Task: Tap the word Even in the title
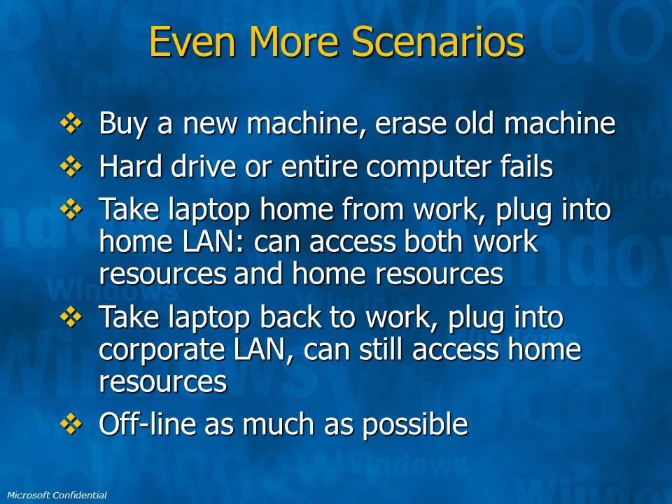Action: tap(192, 41)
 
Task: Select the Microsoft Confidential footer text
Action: tap(57, 496)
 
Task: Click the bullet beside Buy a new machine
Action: tap(71, 123)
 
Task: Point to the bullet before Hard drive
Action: tap(71, 167)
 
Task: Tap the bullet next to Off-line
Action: tap(71, 424)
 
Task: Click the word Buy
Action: tap(123, 125)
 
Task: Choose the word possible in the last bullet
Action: tap(415, 425)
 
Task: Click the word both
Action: tap(435, 241)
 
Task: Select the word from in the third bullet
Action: tap(374, 209)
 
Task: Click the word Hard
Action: tap(131, 167)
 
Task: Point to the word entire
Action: tap(319, 167)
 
